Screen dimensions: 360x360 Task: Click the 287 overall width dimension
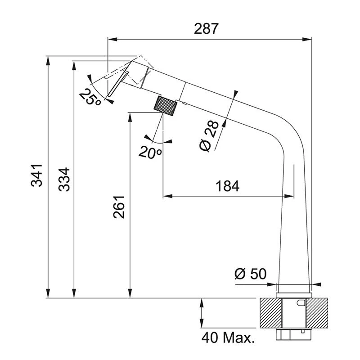[207, 29]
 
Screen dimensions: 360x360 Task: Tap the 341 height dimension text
[37, 175]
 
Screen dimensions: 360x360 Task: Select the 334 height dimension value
[65, 179]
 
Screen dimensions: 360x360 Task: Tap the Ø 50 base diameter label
[250, 274]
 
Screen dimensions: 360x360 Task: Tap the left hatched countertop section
[270, 313]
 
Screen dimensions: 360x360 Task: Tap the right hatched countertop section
[319, 313]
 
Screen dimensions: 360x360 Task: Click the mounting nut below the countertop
[293, 335]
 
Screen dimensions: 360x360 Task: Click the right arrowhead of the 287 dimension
[309, 39]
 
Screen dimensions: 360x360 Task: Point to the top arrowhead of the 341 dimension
[48, 60]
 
